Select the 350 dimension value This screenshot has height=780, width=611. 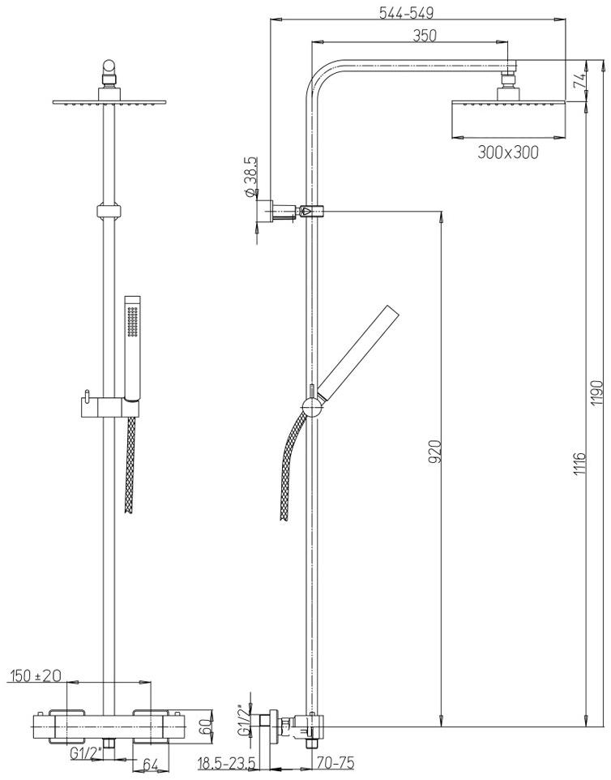(424, 36)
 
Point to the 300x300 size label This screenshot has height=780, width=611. (507, 152)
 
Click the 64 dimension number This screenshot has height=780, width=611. (150, 765)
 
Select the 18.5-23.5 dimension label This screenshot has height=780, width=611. (227, 764)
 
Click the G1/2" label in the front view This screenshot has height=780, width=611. (84, 753)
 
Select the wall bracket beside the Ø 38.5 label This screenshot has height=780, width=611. (276, 212)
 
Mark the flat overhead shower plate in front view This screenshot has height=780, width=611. (109, 102)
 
